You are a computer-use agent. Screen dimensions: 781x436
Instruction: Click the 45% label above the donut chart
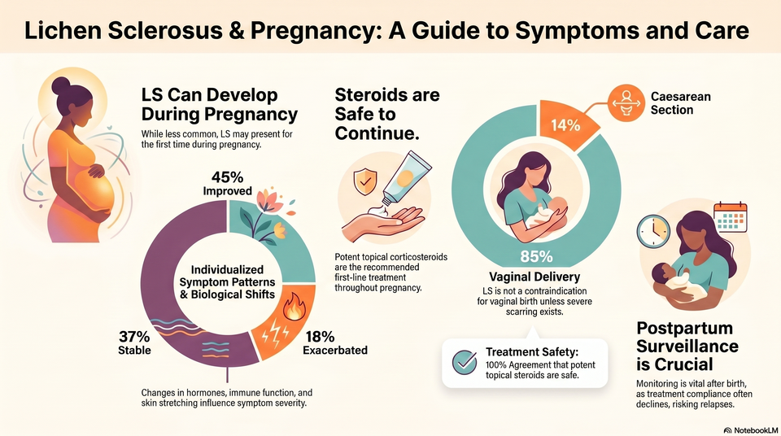(x=227, y=177)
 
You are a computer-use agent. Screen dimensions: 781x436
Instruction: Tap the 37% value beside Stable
(x=134, y=336)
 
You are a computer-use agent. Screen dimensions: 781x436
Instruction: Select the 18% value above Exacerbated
(x=320, y=336)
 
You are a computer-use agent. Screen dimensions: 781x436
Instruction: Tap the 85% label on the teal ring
(x=536, y=256)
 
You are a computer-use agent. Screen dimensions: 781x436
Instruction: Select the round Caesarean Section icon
(x=626, y=102)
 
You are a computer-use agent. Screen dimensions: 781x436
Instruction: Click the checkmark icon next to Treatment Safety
(x=465, y=362)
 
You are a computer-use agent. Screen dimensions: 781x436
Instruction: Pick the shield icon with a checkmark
(x=365, y=182)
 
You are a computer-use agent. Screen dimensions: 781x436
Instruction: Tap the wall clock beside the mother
(x=653, y=232)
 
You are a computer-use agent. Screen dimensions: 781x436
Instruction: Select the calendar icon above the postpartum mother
(x=731, y=217)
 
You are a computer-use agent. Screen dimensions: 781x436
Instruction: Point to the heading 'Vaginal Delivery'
(x=534, y=277)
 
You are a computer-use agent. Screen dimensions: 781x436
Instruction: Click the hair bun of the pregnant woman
(x=61, y=85)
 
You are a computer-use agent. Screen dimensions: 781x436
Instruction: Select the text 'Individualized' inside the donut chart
(x=227, y=269)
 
